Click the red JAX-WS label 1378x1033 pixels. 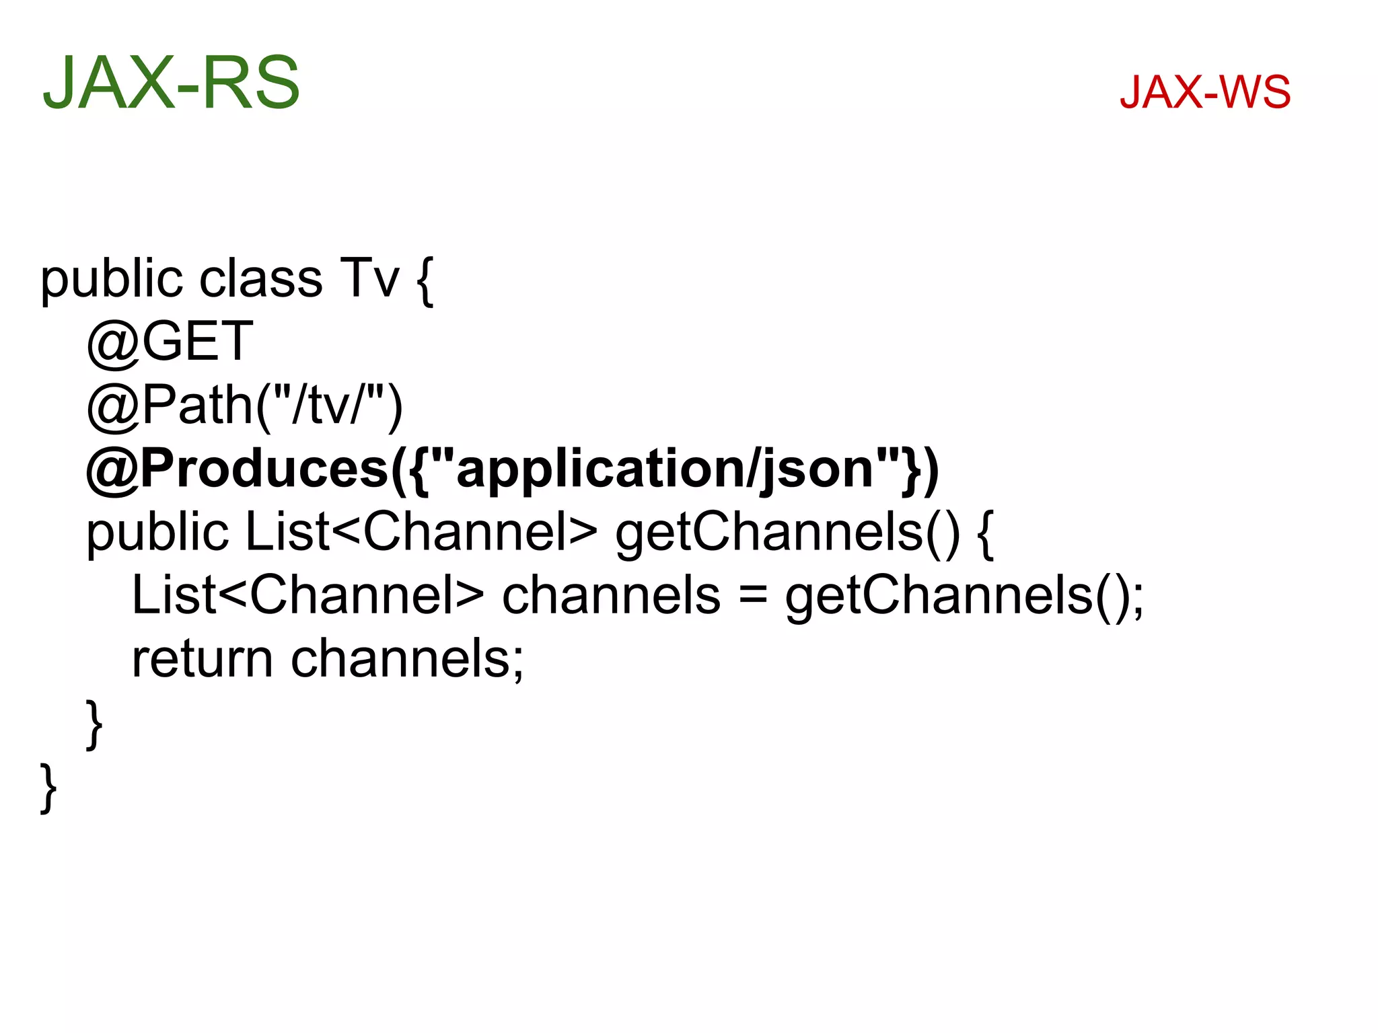[x=1204, y=92]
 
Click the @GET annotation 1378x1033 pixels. [x=170, y=341]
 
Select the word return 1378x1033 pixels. [x=202, y=658]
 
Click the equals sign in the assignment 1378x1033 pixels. [x=753, y=596]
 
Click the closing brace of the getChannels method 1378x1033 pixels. [x=94, y=724]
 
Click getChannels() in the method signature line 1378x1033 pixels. [x=787, y=533]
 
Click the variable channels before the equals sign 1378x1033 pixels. [x=611, y=596]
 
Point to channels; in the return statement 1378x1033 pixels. [x=407, y=658]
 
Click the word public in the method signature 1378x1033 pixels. [x=157, y=533]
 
